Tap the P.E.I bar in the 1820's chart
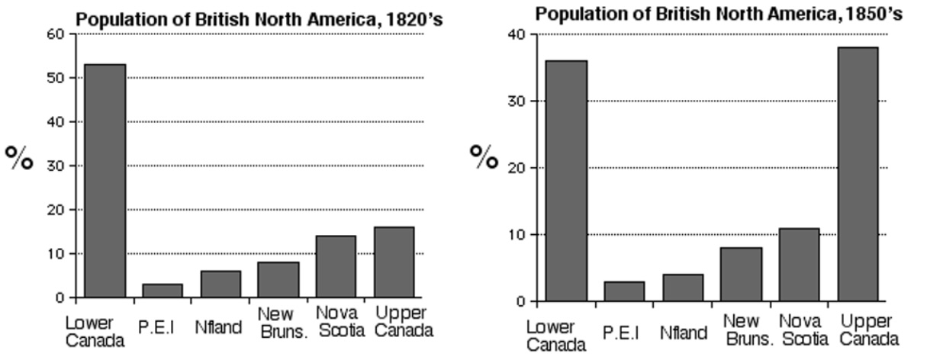click(x=163, y=291)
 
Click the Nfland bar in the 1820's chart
click(x=220, y=284)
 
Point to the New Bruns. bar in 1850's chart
click(x=741, y=274)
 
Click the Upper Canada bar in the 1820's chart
click(x=394, y=262)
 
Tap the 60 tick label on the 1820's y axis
click(x=56, y=34)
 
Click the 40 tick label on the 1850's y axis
click(x=517, y=34)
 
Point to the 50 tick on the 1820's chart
click(x=56, y=78)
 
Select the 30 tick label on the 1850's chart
click(x=517, y=101)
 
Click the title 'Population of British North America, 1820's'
click(x=259, y=20)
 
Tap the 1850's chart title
click(x=718, y=14)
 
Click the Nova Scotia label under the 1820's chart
click(x=337, y=322)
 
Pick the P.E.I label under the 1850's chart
click(x=621, y=333)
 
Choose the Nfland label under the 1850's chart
click(x=684, y=333)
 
